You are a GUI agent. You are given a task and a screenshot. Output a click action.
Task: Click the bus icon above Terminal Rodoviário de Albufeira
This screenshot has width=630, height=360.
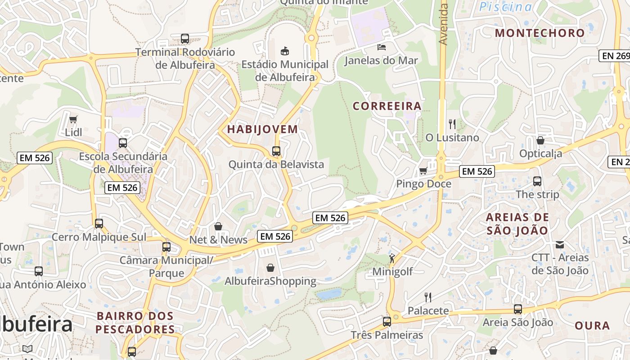point(185,39)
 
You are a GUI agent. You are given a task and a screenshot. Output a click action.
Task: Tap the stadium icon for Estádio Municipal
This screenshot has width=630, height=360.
point(284,51)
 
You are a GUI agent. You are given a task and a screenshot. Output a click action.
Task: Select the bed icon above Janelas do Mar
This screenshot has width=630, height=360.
point(382,47)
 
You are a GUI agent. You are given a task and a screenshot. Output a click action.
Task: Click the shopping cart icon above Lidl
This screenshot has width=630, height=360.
point(73,119)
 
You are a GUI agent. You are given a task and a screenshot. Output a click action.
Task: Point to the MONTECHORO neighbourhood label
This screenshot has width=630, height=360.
point(540,33)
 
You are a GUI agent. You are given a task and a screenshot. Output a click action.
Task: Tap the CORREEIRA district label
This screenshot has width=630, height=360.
point(387,106)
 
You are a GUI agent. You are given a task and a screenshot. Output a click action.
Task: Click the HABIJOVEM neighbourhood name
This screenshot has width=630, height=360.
point(262,129)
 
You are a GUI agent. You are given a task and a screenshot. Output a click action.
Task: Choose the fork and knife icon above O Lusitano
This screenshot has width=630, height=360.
point(452,124)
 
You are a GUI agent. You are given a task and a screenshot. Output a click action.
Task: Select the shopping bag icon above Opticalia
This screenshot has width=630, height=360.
point(540,140)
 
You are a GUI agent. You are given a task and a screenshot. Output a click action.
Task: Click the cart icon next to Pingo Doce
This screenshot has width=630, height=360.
point(423,171)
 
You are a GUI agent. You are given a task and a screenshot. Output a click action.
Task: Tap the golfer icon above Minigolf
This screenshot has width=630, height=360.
point(392,258)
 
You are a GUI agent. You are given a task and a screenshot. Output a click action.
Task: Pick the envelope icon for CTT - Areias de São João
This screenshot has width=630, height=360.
point(560,245)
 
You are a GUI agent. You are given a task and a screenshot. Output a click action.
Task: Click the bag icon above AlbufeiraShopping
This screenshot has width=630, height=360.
point(270,268)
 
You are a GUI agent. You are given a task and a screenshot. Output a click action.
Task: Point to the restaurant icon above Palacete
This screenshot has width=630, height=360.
point(428,297)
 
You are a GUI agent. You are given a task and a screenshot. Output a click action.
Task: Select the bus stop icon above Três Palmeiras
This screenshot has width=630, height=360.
point(387,322)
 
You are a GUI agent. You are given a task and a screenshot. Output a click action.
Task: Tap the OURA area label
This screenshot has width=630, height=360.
point(592,325)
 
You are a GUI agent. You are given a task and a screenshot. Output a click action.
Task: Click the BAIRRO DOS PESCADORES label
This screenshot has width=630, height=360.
point(135,322)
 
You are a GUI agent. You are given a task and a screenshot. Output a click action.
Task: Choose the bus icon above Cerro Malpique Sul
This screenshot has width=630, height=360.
point(99,223)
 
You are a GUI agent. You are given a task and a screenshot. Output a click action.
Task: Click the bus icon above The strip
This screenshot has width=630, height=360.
point(537,181)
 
